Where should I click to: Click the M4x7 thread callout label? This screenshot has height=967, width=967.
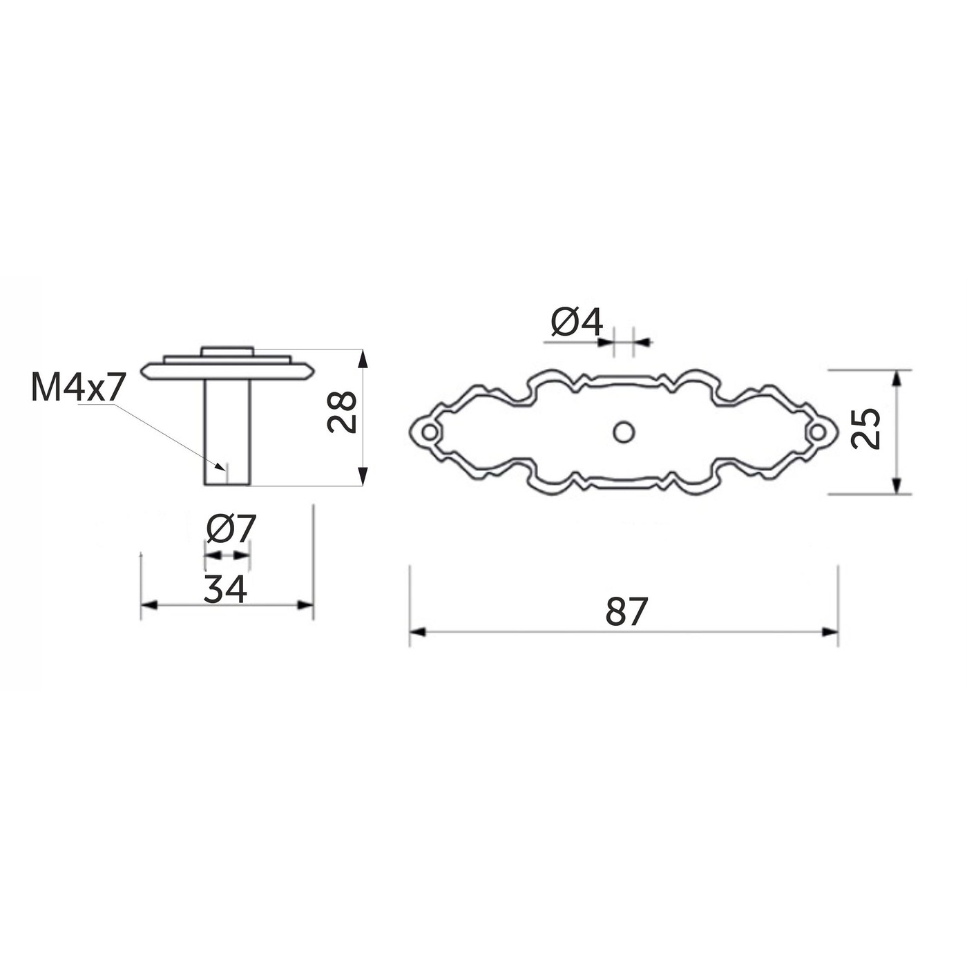[77, 387]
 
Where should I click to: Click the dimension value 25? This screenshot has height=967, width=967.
[865, 428]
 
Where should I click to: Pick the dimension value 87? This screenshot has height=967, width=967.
[626, 611]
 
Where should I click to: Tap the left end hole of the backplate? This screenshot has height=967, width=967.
[430, 431]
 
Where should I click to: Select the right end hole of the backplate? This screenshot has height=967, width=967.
[818, 431]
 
